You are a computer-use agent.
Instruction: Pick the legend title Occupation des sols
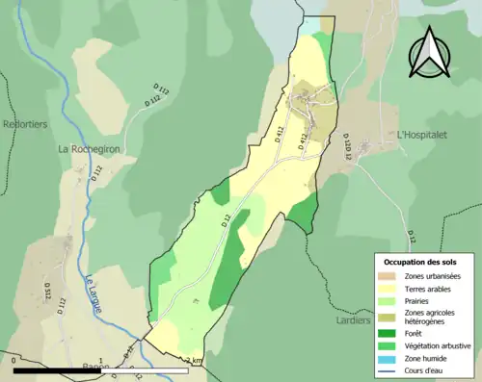tap(421, 262)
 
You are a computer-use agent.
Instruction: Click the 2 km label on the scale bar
tap(196, 361)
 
